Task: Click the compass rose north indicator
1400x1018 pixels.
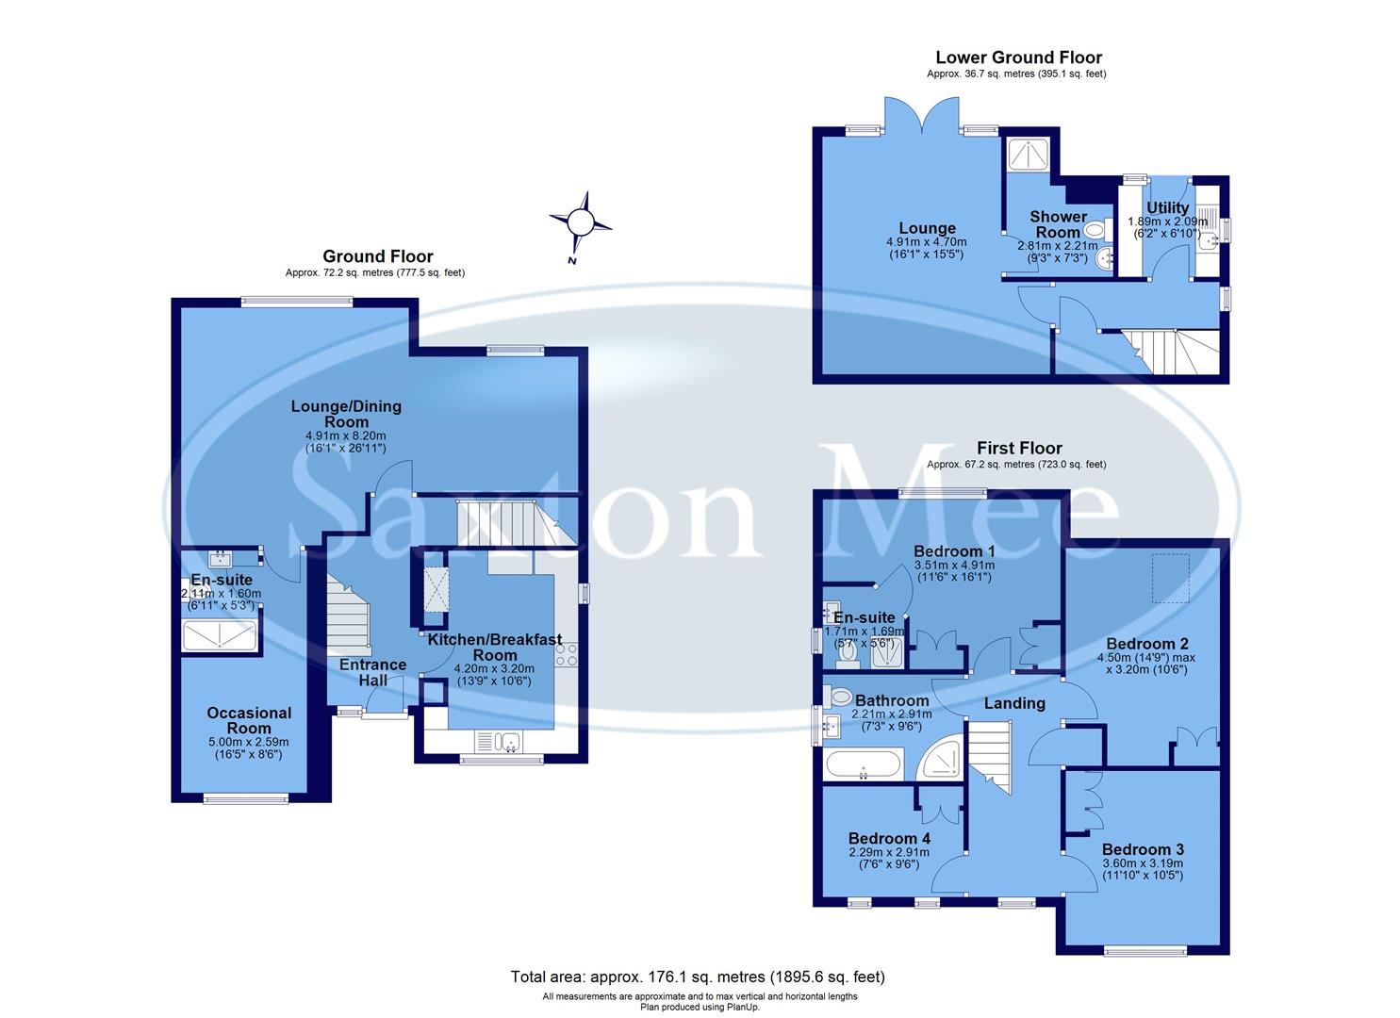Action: tap(581, 223)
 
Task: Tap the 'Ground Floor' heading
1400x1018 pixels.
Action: tap(377, 256)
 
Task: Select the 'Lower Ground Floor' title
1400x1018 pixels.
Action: tap(1018, 57)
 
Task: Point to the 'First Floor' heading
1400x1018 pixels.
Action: tap(1018, 449)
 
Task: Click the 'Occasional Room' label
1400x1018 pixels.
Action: tap(249, 720)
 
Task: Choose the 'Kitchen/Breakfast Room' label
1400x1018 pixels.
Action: tap(495, 648)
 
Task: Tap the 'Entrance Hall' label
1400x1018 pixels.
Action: tap(372, 672)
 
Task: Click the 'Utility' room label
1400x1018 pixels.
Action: tap(1167, 208)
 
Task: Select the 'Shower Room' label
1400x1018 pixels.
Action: tap(1058, 224)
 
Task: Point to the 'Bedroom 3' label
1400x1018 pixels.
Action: tap(1143, 847)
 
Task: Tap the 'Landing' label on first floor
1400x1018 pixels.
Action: tap(1014, 703)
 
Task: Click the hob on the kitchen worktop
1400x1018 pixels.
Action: tap(566, 654)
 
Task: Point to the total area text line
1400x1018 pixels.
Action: tap(698, 977)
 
